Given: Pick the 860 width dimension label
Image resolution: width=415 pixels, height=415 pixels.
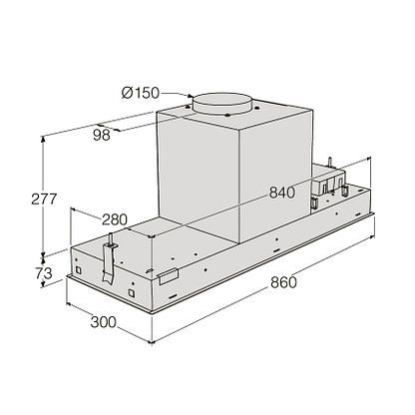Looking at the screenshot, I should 283,282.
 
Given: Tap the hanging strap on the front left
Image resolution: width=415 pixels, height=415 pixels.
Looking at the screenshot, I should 106,263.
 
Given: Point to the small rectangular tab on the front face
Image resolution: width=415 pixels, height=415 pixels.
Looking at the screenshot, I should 169,274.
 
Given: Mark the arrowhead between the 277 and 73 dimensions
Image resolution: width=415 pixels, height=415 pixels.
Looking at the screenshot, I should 43,256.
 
